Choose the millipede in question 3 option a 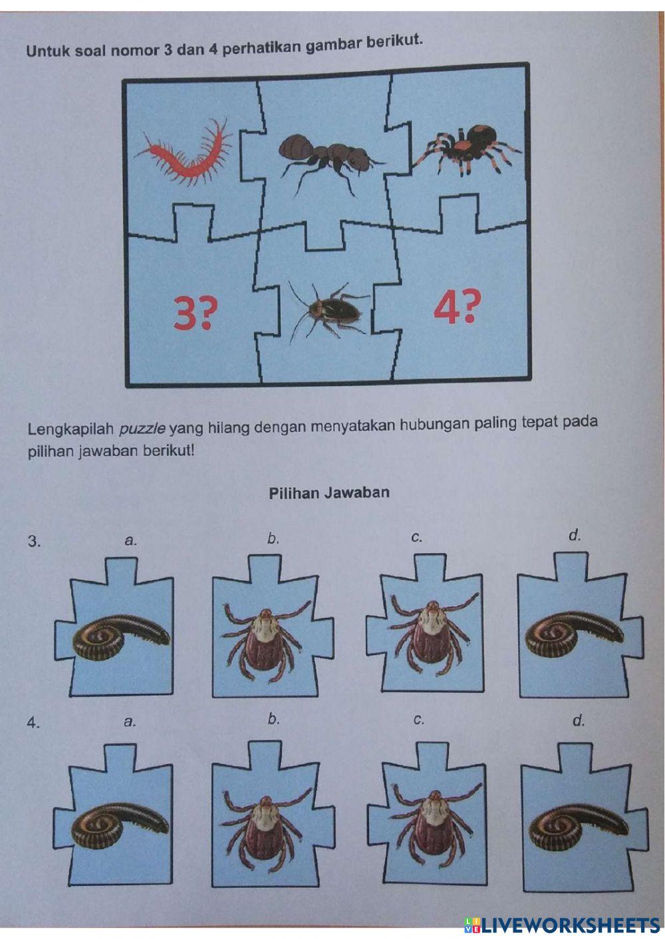(x=121, y=637)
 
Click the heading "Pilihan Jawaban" (x=329, y=492)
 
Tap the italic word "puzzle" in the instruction (x=143, y=429)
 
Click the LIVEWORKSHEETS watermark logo (x=561, y=925)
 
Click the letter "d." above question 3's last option (x=575, y=535)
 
